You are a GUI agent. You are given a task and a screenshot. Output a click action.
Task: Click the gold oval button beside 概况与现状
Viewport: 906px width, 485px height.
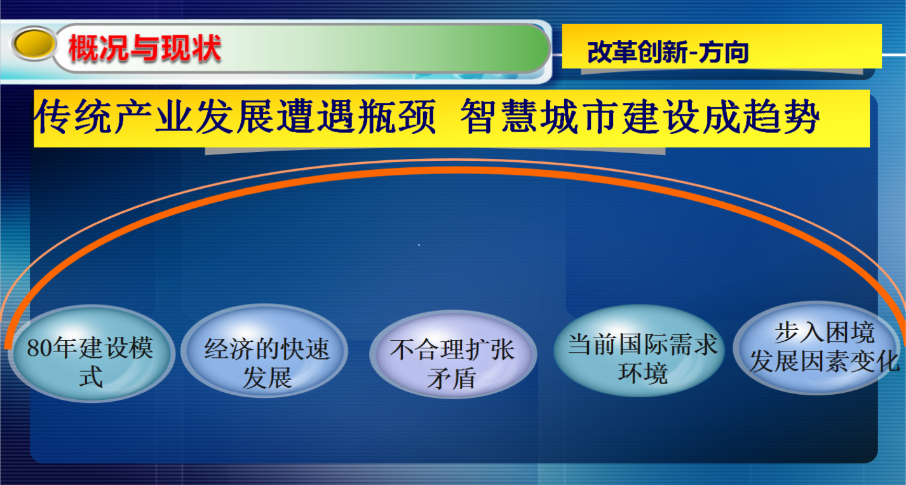pos(34,43)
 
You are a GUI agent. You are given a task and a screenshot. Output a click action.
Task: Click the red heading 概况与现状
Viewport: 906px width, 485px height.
pos(145,48)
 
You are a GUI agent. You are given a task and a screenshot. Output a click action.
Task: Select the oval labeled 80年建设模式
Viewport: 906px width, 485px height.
pos(91,353)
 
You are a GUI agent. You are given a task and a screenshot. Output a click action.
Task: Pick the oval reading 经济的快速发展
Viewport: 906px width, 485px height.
pos(264,351)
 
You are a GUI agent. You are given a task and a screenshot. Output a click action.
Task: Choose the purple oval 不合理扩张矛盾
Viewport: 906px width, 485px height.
pos(453,354)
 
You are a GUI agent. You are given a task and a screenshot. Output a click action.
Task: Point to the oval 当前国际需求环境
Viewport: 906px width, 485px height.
pos(639,350)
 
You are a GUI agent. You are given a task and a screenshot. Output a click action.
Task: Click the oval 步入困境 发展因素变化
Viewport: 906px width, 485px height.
pos(816,348)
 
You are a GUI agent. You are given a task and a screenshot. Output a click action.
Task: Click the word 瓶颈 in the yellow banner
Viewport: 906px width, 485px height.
pos(397,117)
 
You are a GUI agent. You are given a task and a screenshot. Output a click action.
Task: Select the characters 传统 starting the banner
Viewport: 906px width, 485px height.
pos(73,117)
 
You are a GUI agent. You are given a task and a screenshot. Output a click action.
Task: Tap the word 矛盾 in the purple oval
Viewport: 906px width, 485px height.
pos(451,379)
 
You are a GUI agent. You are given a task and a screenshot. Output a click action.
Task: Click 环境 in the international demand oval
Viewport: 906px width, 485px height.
pos(643,373)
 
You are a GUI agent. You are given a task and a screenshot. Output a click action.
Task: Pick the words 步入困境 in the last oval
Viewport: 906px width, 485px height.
pos(825,332)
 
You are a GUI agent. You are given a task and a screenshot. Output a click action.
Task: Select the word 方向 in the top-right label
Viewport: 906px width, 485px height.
pos(724,52)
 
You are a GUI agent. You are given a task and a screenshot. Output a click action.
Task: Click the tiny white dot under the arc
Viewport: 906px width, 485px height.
pos(419,245)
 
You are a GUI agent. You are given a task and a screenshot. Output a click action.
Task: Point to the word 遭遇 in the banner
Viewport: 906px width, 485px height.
pos(316,117)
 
